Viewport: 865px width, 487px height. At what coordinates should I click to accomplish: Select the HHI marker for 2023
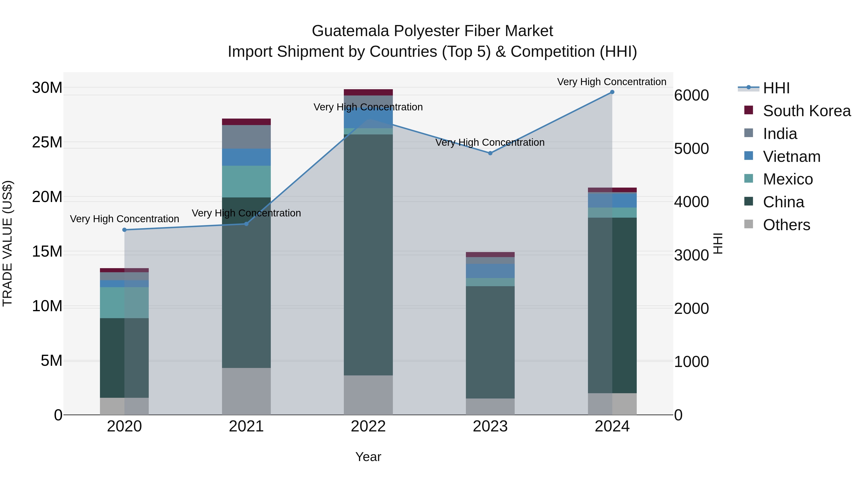490,153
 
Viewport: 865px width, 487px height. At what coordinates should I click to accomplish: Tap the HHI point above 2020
124,230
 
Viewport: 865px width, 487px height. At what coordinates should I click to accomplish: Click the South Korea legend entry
807,111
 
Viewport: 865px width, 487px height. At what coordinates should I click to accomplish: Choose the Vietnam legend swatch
748,156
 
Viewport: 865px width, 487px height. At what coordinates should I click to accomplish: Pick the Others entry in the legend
786,225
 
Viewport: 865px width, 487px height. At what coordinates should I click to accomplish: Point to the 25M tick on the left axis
47,142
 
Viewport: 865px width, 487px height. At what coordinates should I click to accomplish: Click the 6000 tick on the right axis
691,95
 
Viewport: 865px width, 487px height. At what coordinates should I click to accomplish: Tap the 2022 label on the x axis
368,426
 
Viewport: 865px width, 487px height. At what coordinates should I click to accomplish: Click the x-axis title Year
368,457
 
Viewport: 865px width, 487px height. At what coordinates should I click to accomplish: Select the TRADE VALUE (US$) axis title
7,243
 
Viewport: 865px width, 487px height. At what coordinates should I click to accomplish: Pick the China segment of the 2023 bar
490,342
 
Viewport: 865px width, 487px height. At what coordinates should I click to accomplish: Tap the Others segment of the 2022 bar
368,395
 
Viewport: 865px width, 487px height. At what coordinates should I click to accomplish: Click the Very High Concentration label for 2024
612,82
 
